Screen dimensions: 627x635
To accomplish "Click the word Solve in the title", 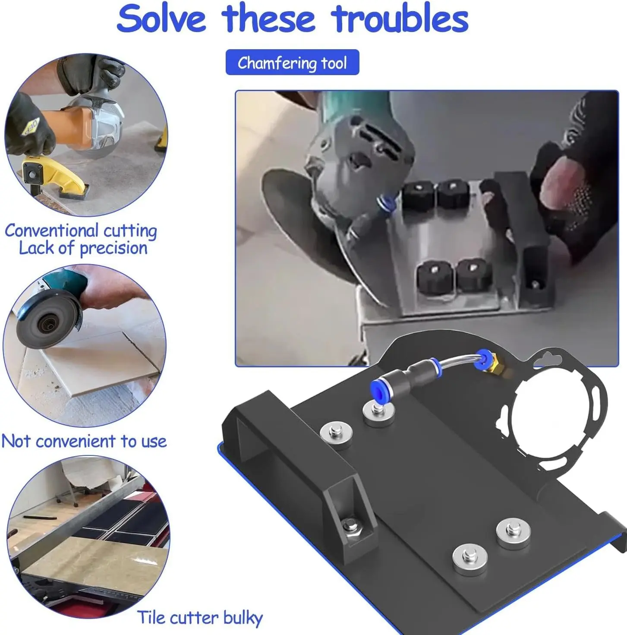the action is click(161, 19).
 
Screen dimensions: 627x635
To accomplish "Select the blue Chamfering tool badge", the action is click(292, 62).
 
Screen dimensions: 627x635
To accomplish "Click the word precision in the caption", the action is click(113, 248).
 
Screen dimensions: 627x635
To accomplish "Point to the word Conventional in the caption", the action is click(52, 230).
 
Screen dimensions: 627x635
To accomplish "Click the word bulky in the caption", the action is click(243, 618).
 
